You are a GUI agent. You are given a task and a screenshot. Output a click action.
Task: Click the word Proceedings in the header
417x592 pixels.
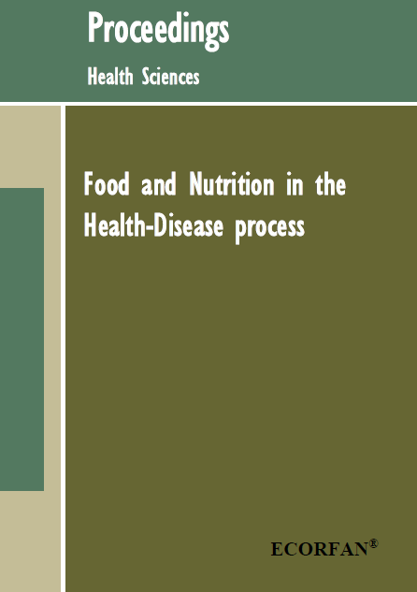158,30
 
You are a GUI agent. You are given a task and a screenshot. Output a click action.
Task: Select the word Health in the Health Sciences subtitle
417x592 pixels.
110,76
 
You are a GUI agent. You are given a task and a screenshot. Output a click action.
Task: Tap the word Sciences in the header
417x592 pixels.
170,76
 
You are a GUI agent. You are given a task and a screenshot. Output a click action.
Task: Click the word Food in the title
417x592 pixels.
107,184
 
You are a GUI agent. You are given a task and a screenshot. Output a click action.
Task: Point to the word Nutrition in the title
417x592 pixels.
232,184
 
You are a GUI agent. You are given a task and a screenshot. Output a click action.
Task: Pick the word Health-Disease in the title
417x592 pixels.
153,225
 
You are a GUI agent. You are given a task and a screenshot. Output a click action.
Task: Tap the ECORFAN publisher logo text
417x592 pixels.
319,549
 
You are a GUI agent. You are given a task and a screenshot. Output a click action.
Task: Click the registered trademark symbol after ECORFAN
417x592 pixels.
373,543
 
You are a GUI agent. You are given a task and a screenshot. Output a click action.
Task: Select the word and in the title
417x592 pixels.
159,184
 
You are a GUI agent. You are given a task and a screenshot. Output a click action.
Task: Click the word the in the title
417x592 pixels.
331,184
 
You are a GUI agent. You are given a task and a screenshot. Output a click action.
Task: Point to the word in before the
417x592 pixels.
295,184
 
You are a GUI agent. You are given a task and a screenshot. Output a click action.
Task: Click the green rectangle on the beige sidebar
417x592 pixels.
22,339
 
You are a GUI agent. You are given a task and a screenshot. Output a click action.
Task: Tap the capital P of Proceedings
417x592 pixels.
94,27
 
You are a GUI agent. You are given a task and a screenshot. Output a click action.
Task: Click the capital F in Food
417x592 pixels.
89,184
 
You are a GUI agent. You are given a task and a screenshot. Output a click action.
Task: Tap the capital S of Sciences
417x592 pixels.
147,76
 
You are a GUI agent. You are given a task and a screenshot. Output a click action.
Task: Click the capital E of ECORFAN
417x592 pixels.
277,549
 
